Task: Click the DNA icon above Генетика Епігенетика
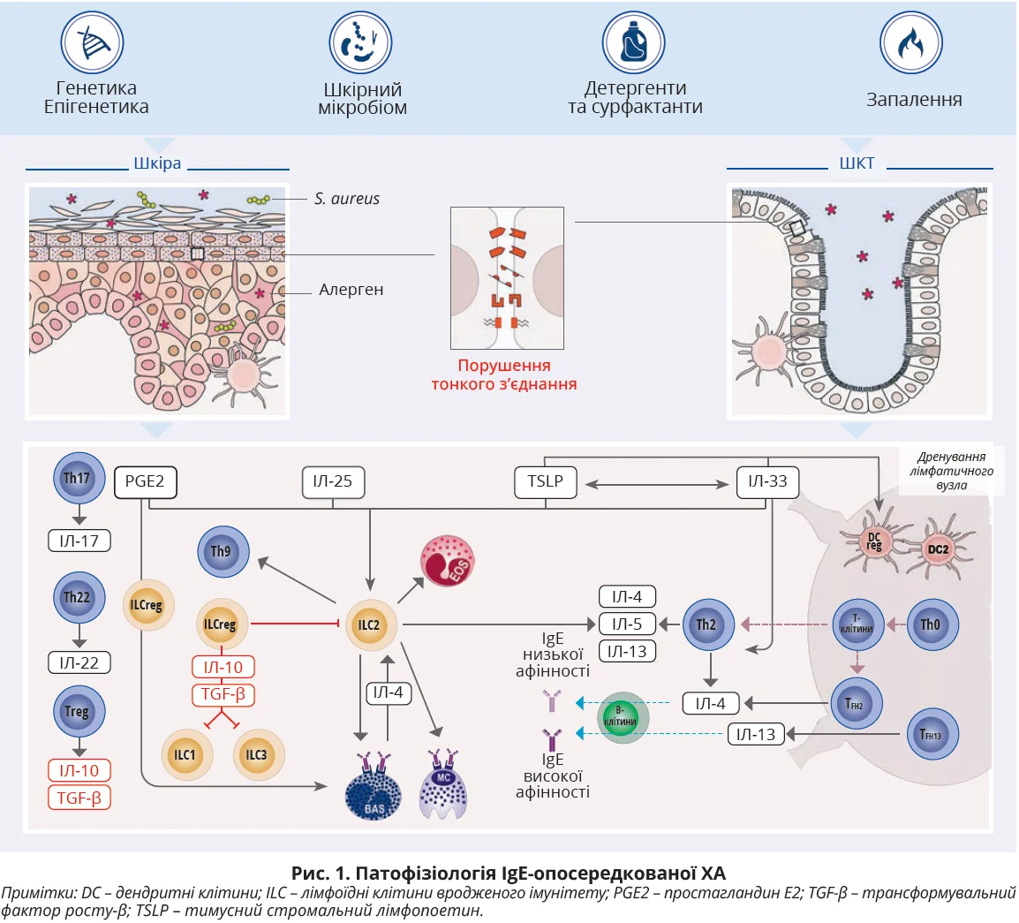92,43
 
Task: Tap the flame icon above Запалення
910,43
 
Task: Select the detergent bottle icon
633,43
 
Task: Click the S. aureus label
347,199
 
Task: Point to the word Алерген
351,290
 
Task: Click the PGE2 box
145,482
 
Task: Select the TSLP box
546,482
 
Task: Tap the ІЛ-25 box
332,482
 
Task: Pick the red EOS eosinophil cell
447,561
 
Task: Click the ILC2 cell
369,625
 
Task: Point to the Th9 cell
221,551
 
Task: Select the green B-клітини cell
624,716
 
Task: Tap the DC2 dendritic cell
938,549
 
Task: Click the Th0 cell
931,624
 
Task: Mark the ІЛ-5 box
627,624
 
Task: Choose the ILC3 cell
256,755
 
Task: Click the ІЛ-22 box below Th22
79,662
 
